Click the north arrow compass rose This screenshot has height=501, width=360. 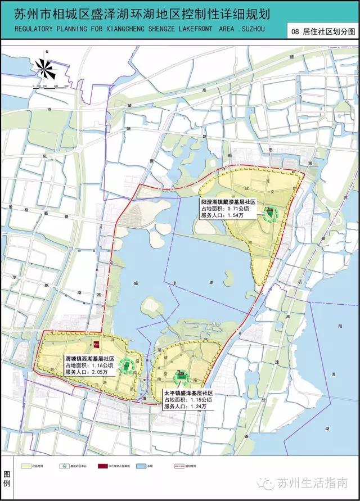[x=47, y=69]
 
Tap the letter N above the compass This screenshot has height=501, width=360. [x=48, y=52]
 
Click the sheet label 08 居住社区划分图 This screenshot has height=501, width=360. [x=321, y=32]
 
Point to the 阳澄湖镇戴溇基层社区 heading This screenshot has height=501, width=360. [x=228, y=201]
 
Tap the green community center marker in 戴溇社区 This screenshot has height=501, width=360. [x=271, y=212]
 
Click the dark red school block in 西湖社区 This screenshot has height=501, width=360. [x=97, y=342]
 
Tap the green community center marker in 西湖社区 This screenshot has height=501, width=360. [x=128, y=365]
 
